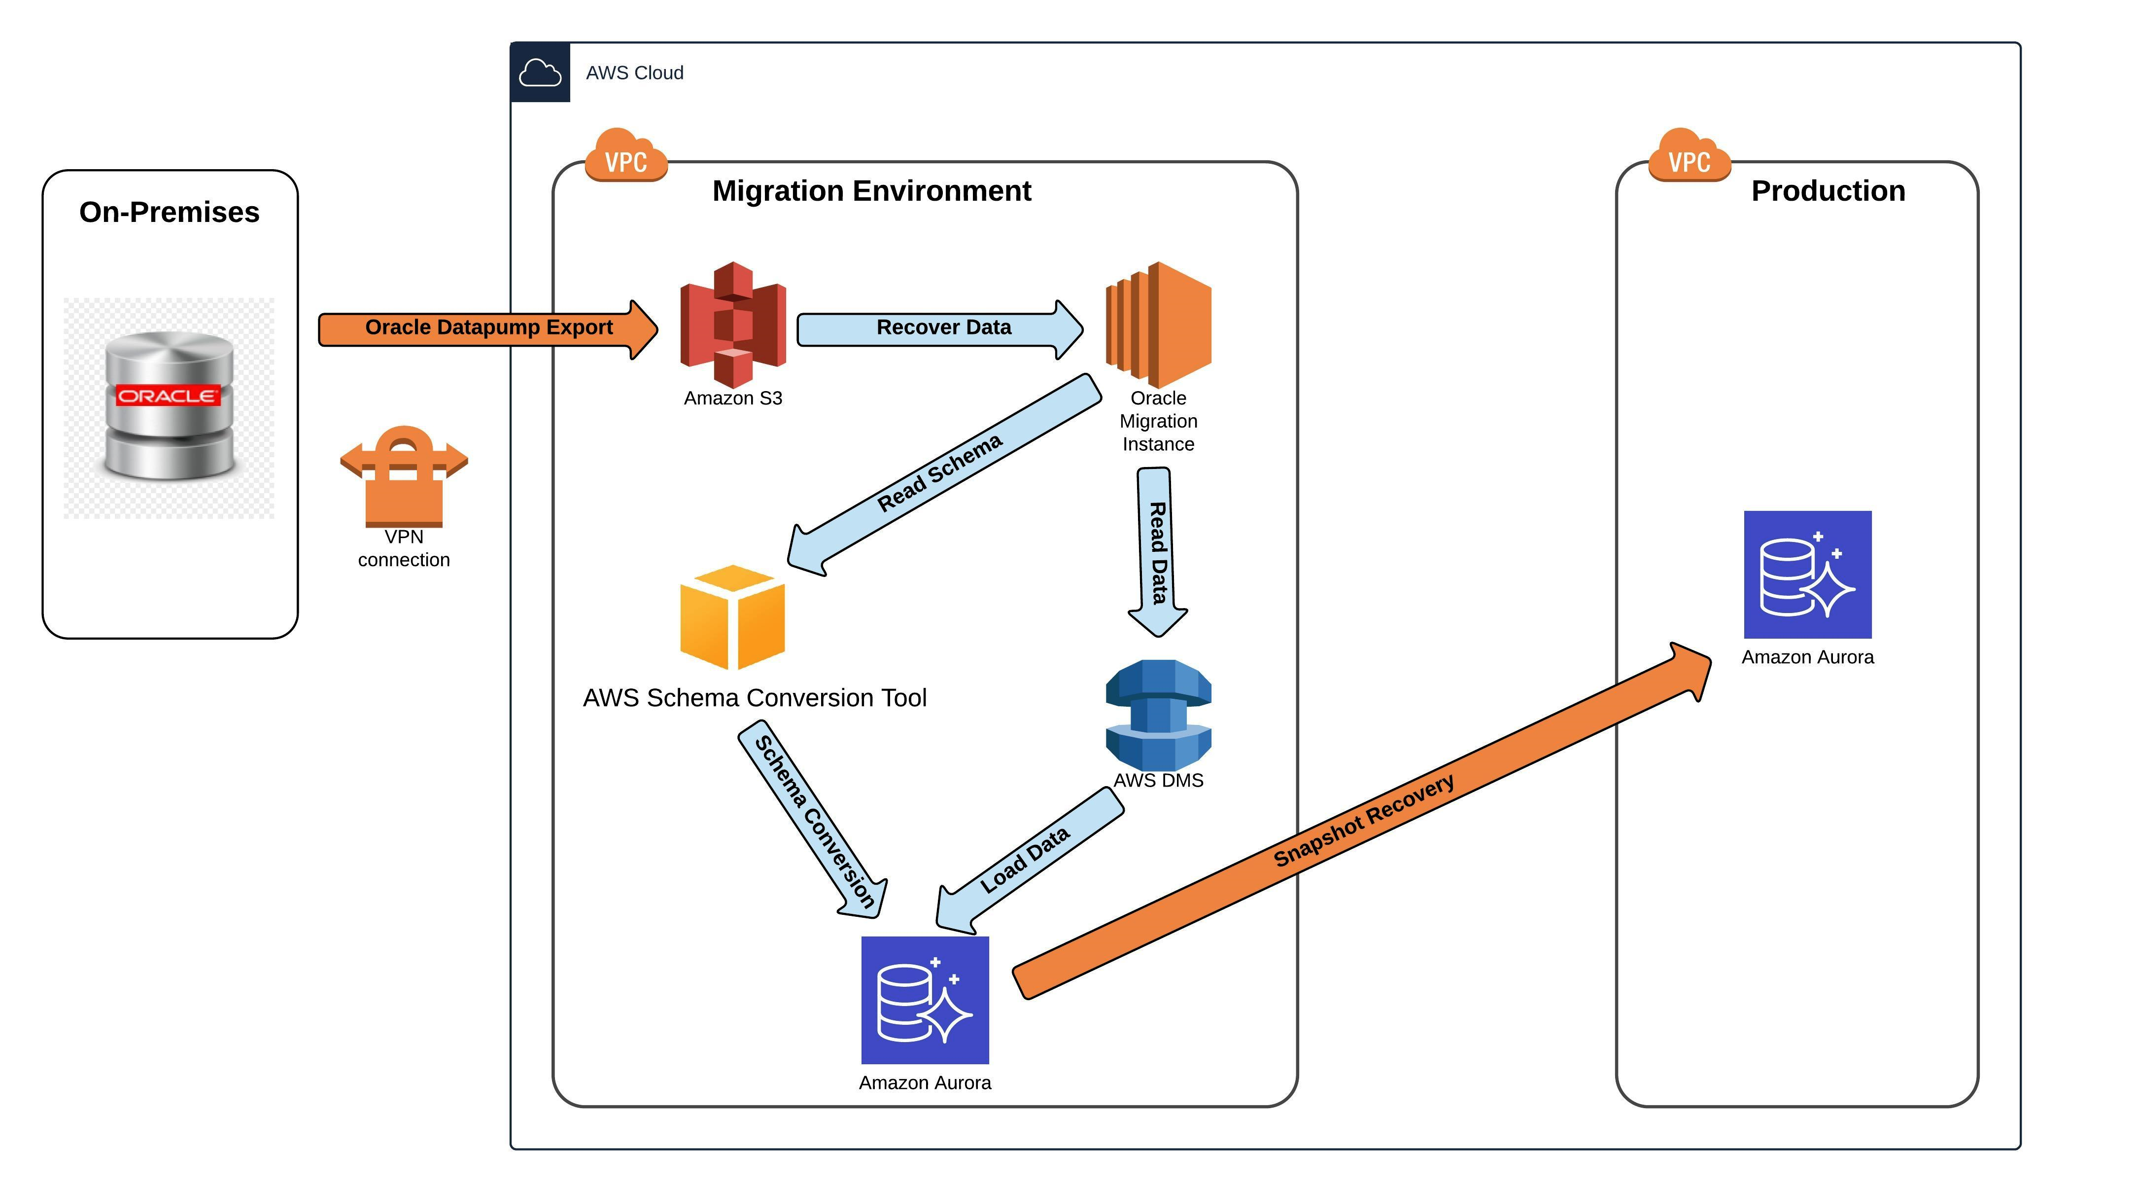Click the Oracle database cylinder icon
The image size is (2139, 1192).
coord(170,407)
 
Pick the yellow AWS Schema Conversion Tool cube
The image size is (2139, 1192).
coord(732,617)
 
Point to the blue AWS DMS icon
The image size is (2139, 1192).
coord(1158,715)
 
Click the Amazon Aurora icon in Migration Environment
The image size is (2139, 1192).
coord(925,1000)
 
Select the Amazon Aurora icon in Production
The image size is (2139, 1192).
coord(1808,575)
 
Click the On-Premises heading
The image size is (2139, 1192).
coord(170,212)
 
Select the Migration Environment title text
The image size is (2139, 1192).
coord(872,191)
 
